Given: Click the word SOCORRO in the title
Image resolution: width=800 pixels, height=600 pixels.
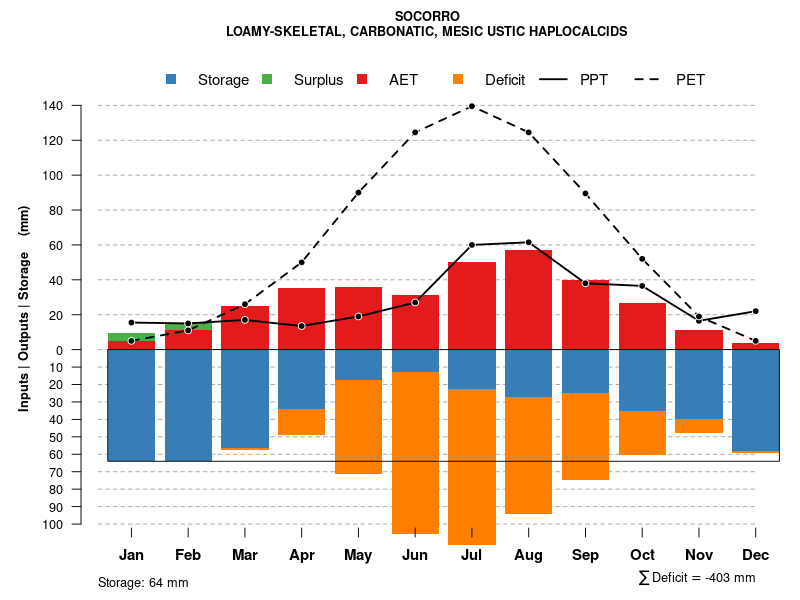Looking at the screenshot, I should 427,16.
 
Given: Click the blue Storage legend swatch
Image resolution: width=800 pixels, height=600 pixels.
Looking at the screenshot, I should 172,79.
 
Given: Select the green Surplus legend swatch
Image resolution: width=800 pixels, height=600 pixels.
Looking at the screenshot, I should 267,79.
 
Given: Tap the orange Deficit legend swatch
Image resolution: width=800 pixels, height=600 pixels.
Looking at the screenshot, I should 458,79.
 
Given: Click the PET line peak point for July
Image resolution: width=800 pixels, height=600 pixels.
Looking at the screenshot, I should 471,106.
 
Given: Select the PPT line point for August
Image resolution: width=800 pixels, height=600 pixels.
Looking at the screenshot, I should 528,242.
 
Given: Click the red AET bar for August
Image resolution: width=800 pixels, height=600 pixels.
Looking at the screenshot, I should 528,300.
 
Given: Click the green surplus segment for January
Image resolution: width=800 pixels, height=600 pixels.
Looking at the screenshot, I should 131,337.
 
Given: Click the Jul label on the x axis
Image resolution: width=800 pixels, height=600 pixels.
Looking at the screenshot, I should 471,555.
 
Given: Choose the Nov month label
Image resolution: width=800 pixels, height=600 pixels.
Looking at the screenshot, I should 698,555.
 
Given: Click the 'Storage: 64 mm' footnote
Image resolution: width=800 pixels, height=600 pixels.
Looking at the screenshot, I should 143,582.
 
